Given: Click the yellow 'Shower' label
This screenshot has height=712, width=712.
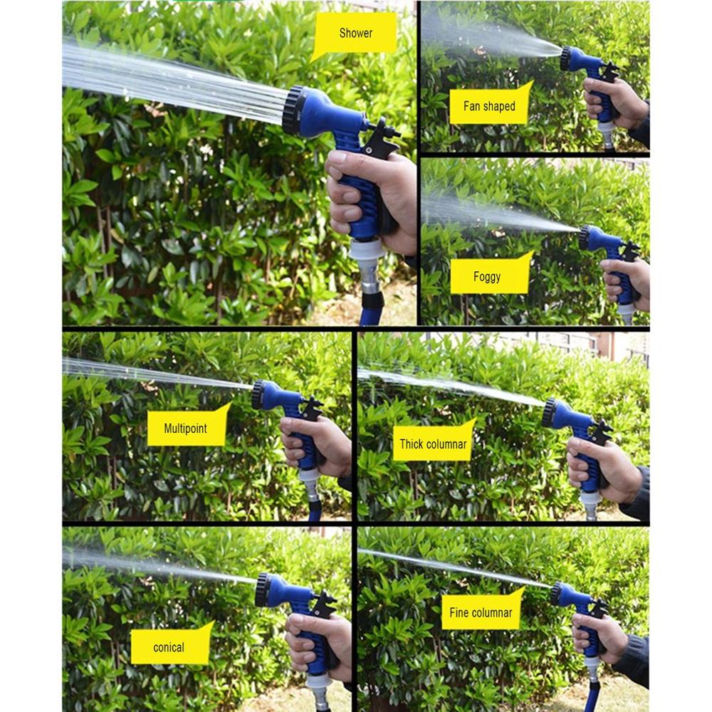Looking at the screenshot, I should tap(355, 33).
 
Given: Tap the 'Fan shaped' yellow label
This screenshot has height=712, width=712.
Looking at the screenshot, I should tap(489, 107).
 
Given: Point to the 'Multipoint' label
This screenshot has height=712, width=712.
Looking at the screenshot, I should tap(187, 429).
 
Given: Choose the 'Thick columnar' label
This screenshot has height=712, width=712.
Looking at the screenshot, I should tap(433, 444).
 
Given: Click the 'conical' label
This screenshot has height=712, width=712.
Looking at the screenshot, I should tap(169, 647).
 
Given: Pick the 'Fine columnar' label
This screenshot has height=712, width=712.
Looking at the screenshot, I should tap(481, 612).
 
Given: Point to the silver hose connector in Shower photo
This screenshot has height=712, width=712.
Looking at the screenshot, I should tap(370, 274).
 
